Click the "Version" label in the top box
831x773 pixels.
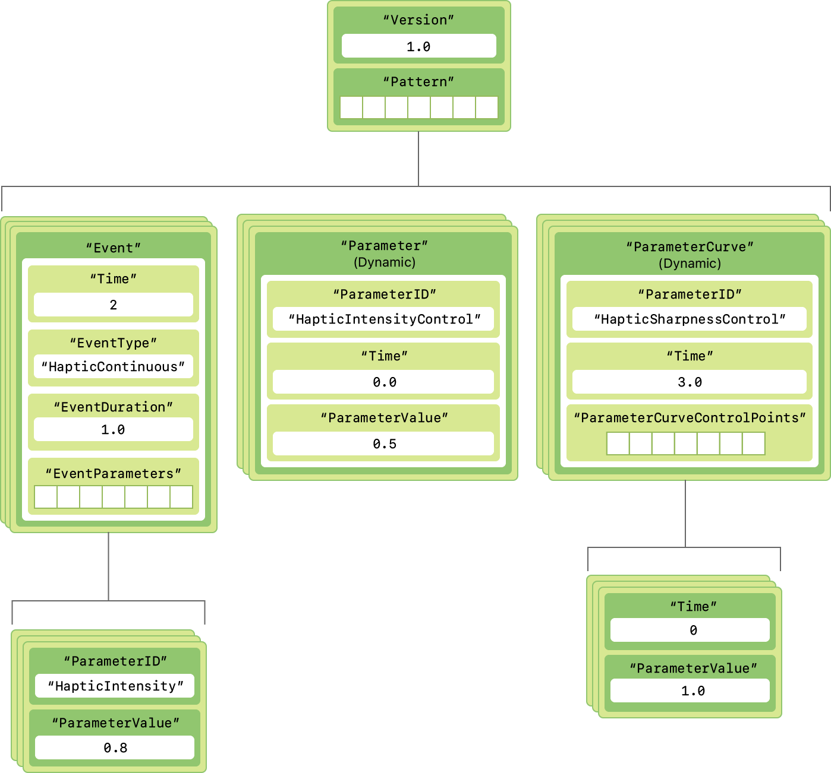418,20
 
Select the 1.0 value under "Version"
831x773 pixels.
418,46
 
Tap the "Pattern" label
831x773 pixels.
418,82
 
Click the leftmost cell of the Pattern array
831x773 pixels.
351,107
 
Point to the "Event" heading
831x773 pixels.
113,248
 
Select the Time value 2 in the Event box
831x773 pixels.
113,305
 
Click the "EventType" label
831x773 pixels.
113,343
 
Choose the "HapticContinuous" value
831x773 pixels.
113,367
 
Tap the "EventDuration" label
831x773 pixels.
113,407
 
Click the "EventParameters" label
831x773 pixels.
113,474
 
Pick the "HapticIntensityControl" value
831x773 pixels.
384,319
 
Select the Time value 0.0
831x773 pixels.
384,382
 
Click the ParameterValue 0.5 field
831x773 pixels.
384,444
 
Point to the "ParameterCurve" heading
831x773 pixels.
690,247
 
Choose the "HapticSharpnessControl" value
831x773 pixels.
690,319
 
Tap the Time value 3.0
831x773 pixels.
690,382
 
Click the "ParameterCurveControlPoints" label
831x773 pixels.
690,418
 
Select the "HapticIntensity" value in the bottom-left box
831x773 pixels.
115,686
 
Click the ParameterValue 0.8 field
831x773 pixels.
115,748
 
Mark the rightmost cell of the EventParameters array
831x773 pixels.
181,497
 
